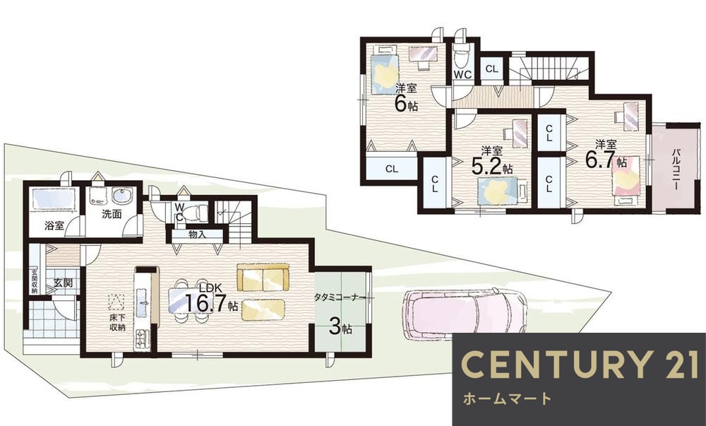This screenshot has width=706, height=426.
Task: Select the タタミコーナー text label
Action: point(340,297)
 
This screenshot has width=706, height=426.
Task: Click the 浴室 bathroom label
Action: point(54,226)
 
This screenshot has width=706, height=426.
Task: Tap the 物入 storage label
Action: point(197,235)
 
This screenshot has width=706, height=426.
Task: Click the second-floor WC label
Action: point(462,74)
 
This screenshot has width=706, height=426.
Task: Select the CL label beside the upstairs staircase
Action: point(491,69)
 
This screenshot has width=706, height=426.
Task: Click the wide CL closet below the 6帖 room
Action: point(391,169)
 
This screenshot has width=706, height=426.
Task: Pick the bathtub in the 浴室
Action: point(52,200)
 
